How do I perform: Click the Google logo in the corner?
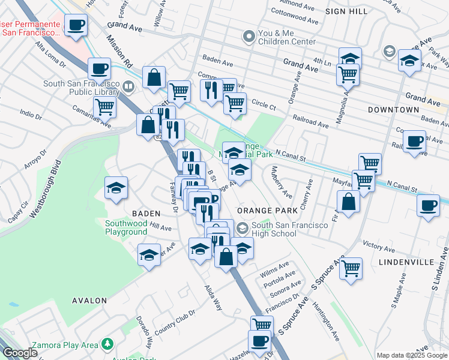[x=20, y=353]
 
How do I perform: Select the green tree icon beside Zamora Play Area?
[x=107, y=344]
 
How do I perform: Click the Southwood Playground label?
[x=126, y=227]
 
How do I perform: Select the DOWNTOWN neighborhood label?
[x=393, y=110]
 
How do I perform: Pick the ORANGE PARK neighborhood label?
[x=268, y=211]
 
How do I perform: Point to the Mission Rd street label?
[x=119, y=50]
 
